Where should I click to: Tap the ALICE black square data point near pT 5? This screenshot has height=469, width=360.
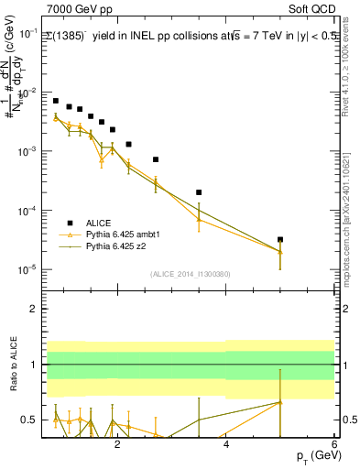(280, 239)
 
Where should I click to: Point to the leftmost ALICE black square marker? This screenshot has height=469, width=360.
(56, 101)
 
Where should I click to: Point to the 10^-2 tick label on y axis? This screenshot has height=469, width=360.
(27, 93)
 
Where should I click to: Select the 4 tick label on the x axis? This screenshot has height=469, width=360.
(225, 444)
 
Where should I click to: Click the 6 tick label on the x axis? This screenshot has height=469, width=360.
(334, 444)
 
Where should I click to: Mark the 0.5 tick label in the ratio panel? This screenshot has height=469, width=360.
(29, 420)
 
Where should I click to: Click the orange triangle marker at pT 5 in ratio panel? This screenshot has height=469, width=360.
(280, 402)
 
